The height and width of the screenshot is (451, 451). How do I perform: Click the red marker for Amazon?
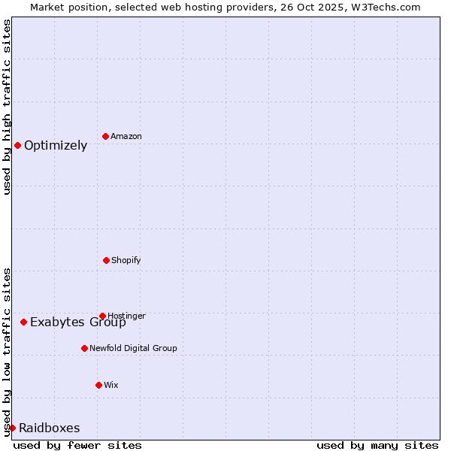105,136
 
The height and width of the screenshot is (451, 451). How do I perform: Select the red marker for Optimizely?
17,145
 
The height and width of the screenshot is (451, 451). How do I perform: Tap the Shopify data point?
106,260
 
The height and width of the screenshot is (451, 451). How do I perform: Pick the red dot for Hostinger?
102,316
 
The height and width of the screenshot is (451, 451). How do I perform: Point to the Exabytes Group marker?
23,322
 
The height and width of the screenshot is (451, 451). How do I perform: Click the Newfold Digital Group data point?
84,348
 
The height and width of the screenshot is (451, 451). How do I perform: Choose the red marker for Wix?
98,385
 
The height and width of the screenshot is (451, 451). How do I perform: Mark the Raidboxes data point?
12,428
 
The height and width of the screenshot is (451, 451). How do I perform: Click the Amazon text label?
126,136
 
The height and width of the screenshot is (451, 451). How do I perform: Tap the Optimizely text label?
56,146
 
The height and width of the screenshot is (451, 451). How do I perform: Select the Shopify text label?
126,260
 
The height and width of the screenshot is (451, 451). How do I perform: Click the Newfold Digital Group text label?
133,348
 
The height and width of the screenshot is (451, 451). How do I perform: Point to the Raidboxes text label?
50,428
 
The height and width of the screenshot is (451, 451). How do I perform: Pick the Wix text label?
111,385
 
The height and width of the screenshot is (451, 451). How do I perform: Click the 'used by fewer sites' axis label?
77,445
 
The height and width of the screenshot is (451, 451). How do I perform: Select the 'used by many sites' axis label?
377,445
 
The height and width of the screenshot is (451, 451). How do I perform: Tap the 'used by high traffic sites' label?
7,107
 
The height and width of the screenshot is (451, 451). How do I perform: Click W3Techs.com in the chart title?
388,7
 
